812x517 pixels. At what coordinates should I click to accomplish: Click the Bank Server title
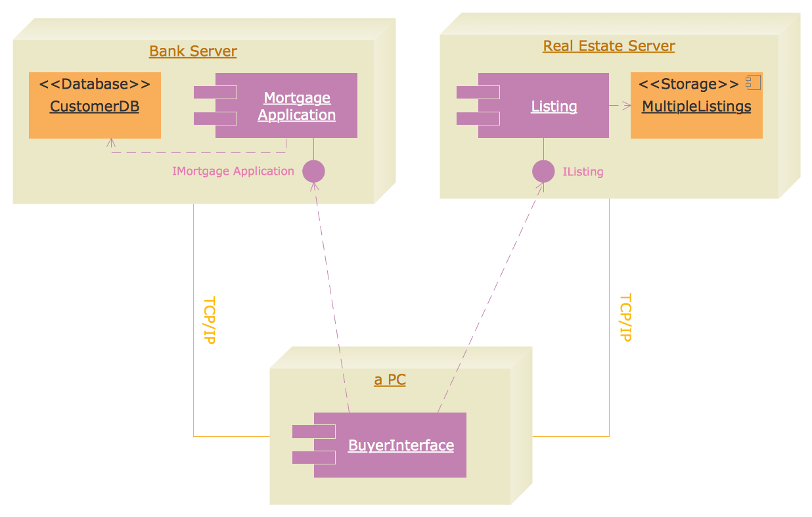pos(192,51)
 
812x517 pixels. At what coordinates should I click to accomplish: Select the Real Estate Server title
pos(608,46)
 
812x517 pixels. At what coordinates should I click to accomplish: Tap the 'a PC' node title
pos(390,380)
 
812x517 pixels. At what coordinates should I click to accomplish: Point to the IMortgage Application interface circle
pos(313,171)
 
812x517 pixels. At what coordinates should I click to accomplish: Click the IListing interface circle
pos(543,171)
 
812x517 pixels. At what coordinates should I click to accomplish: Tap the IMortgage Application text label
pos(233,171)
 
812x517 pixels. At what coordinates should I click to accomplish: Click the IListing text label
pos(583,172)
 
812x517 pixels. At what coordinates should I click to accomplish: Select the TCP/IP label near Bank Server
pos(209,321)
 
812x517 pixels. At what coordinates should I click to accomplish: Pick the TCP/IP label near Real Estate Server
pos(625,317)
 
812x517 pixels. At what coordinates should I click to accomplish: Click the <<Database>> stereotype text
pos(95,84)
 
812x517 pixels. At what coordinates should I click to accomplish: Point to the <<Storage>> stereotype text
pos(688,84)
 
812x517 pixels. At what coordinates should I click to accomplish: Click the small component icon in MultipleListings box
pos(753,83)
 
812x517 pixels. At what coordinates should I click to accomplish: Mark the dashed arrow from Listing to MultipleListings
pos(620,105)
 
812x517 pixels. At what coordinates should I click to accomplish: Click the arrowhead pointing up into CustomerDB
pos(111,142)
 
